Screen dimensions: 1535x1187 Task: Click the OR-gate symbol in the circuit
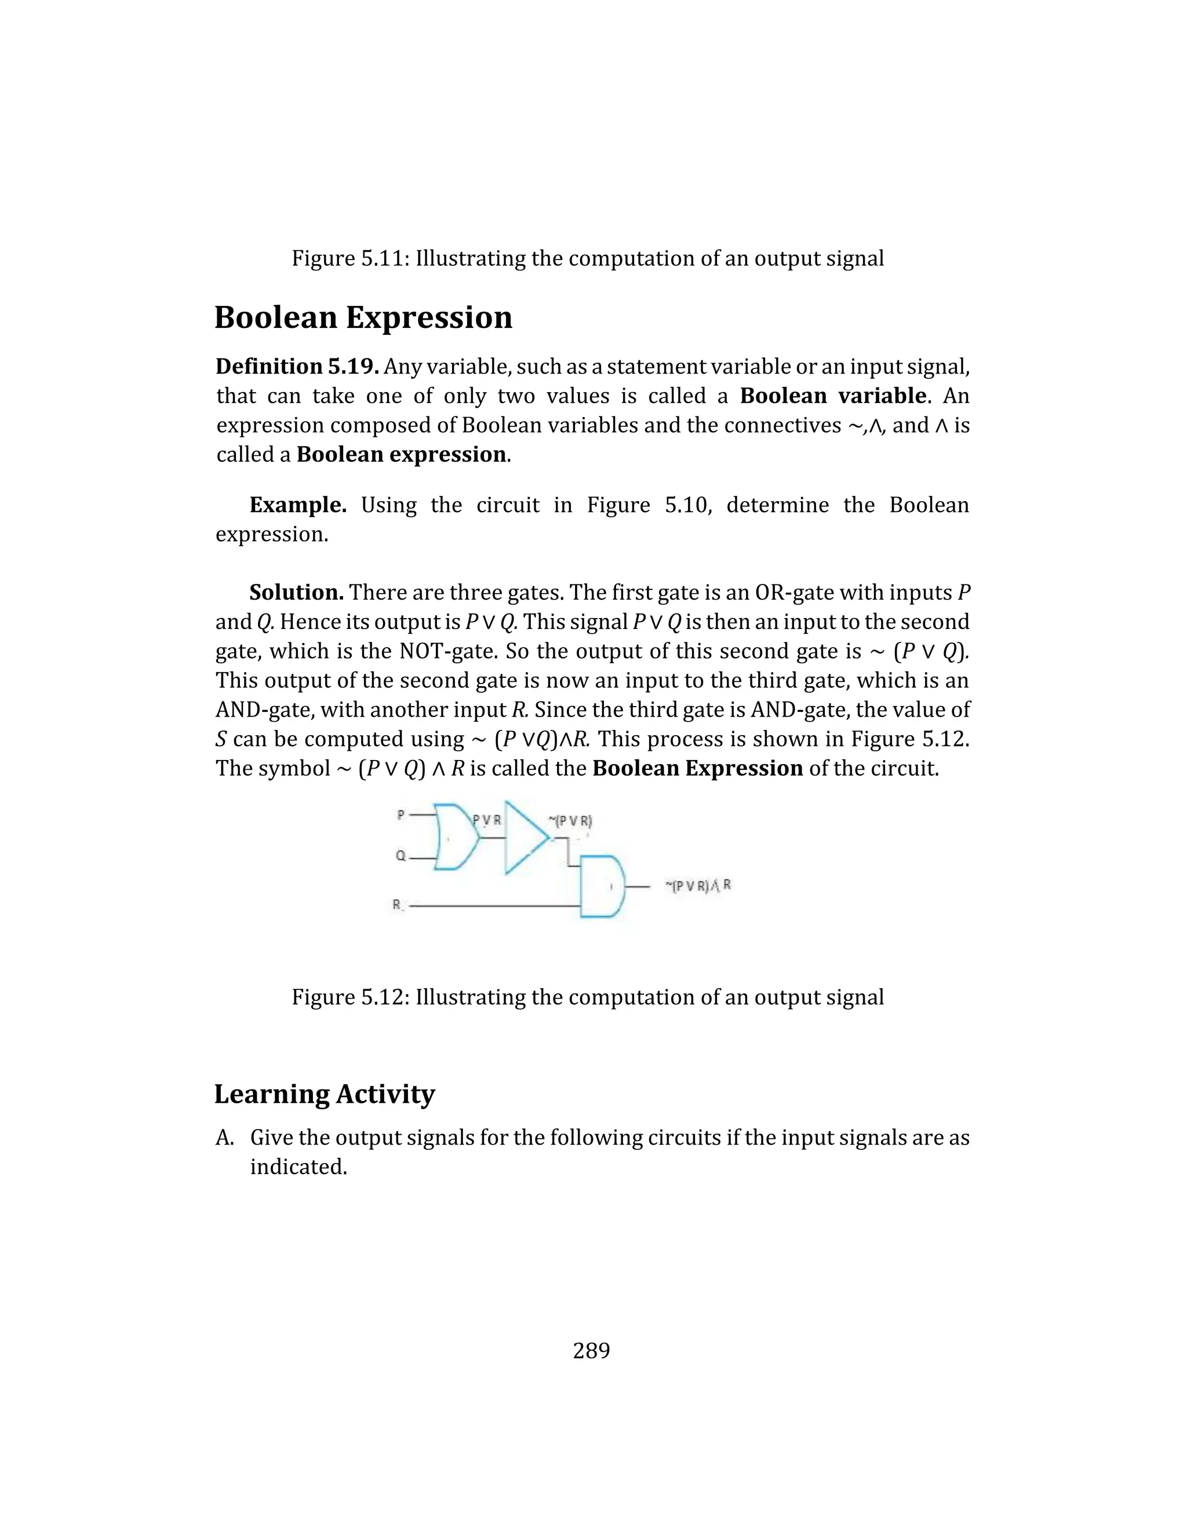[456, 836]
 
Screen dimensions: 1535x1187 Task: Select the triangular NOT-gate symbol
[524, 836]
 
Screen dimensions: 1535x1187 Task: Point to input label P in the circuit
[401, 814]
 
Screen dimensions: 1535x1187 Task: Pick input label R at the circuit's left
[397, 905]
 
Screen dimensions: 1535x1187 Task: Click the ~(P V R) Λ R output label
[698, 886]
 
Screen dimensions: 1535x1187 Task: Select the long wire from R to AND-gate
[492, 907]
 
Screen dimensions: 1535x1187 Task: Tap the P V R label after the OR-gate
[487, 820]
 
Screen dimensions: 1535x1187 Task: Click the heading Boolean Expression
[363, 317]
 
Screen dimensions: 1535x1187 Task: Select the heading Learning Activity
[324, 1094]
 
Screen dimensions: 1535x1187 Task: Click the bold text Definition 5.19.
[297, 366]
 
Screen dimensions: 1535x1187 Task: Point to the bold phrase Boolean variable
[833, 396]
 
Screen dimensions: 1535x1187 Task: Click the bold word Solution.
[296, 592]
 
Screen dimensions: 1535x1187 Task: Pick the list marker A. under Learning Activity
[224, 1137]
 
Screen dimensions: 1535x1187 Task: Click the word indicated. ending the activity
[298, 1167]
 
